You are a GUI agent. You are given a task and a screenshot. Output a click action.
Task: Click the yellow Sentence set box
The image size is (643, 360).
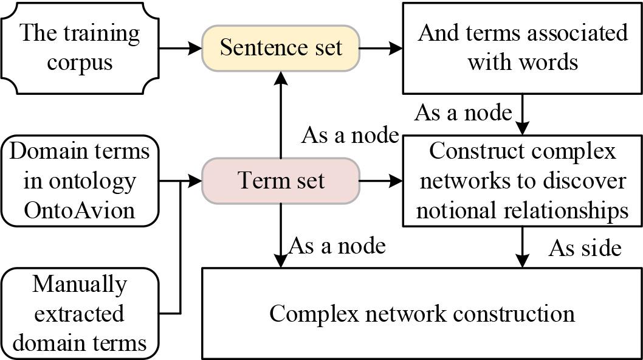click(280, 47)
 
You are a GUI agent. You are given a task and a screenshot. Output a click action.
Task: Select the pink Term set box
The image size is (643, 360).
click(280, 181)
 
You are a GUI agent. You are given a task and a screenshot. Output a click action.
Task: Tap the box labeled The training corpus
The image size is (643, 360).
click(80, 47)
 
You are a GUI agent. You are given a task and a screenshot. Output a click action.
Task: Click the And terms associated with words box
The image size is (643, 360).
click(523, 47)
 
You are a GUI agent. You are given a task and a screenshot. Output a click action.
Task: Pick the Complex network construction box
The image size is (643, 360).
click(422, 314)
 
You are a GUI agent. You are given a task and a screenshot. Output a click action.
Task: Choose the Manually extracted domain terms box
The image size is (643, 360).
click(80, 314)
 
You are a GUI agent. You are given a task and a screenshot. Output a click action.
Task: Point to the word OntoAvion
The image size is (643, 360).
click(80, 210)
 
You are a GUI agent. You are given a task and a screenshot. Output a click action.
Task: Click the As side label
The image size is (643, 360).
click(585, 248)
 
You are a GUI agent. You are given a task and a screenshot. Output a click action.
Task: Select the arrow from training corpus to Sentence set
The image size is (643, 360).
click(181, 47)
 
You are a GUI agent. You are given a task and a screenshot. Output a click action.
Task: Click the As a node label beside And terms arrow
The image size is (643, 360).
click(463, 112)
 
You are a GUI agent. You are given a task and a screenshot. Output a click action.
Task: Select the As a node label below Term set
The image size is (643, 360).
click(337, 246)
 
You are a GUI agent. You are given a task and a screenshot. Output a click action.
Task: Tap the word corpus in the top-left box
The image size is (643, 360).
click(80, 63)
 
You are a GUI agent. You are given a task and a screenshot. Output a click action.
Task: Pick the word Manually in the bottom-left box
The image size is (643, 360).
click(80, 284)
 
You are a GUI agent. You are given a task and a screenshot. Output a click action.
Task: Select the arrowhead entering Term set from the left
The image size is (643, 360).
click(196, 181)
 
